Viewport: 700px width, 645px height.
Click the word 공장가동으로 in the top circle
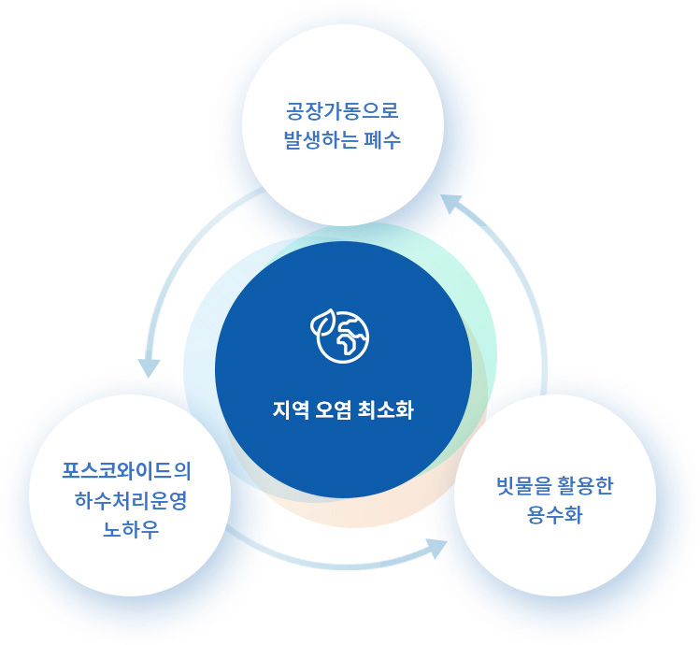342,111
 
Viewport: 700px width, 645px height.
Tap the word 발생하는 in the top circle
321,140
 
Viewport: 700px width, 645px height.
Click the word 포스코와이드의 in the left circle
126,471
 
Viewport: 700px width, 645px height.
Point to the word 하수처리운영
130,500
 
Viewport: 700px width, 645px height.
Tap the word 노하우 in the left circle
130,530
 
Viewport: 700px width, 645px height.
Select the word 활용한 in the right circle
586,486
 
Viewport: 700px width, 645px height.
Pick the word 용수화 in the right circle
554,515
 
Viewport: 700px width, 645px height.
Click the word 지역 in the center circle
291,409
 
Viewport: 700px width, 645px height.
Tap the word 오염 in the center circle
334,409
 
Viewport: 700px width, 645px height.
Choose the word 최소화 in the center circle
386,409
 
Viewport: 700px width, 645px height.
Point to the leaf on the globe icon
322,322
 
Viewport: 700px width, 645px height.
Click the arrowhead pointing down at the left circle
149,368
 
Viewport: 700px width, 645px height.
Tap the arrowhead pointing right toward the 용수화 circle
436,549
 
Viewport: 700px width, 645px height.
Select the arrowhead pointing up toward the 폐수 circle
450,204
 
